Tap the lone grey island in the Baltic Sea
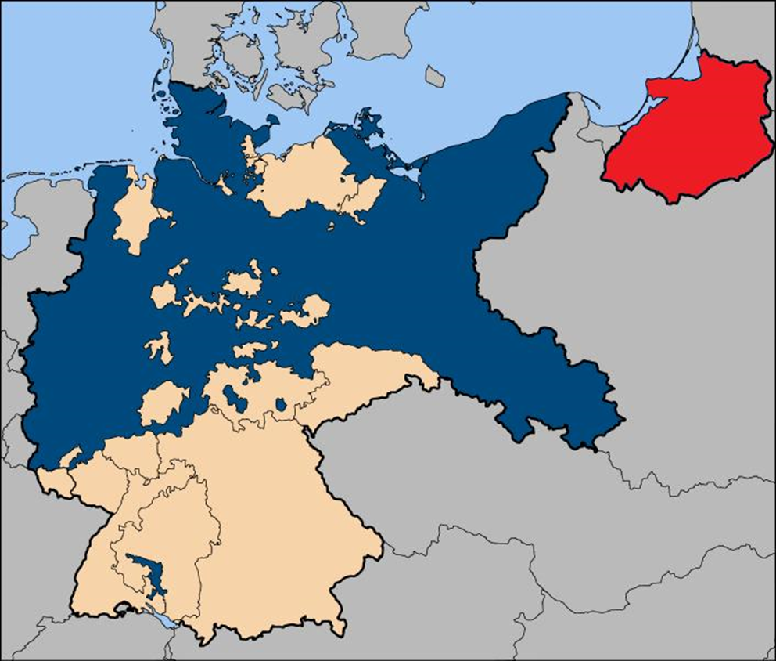point(435,76)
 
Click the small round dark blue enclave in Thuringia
point(282,405)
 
